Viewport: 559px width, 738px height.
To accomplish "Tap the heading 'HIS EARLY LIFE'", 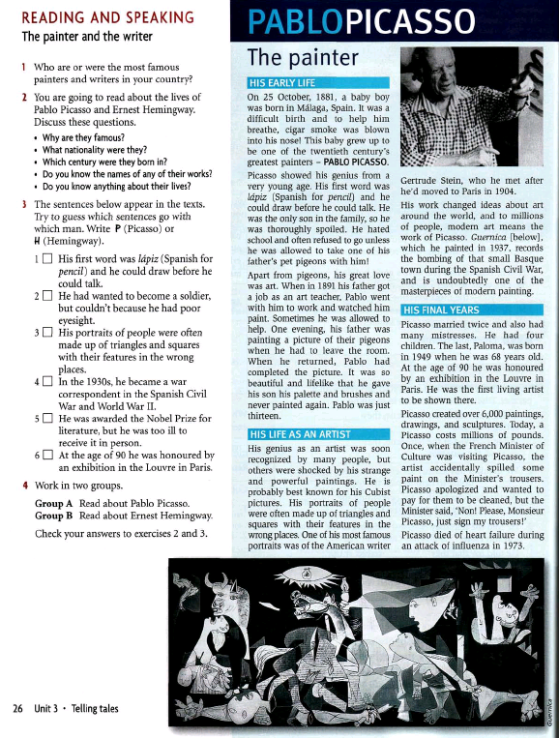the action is coord(282,83).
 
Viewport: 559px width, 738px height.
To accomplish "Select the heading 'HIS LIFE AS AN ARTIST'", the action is coord(300,434).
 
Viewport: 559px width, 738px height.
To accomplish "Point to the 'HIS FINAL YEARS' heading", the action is coord(441,310).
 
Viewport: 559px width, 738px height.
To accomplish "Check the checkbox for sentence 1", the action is coord(47,258).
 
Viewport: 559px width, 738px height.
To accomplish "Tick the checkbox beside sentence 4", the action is coord(47,381).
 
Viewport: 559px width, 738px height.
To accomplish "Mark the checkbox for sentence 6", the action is coord(47,455).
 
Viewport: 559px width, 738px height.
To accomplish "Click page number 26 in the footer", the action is coord(17,708).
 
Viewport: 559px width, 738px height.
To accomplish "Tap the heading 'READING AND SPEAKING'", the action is coord(107,17).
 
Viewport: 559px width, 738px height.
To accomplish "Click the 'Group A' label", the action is coord(53,504).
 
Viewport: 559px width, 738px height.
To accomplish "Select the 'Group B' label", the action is coord(53,516).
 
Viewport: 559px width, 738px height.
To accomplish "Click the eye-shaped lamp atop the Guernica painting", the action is coord(307,573).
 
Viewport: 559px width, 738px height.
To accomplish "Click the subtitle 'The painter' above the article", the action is coord(303,58).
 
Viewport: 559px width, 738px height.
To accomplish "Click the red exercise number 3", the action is coord(24,204).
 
